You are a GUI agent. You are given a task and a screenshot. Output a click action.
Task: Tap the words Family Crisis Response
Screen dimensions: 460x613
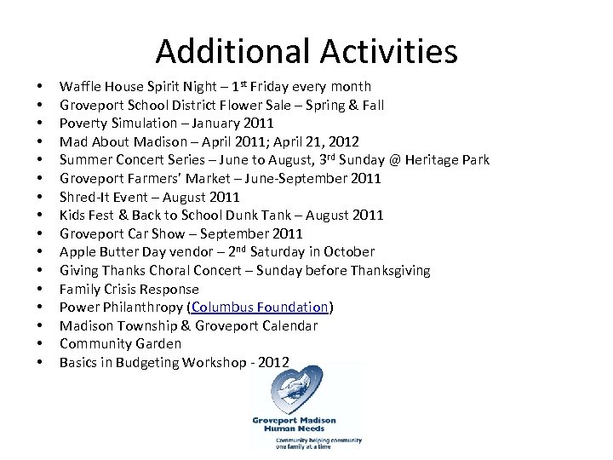(129, 289)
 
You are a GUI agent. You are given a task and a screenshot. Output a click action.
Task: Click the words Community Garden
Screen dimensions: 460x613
(120, 344)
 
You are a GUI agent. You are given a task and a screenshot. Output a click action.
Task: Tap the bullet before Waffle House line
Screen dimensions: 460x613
(39, 87)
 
